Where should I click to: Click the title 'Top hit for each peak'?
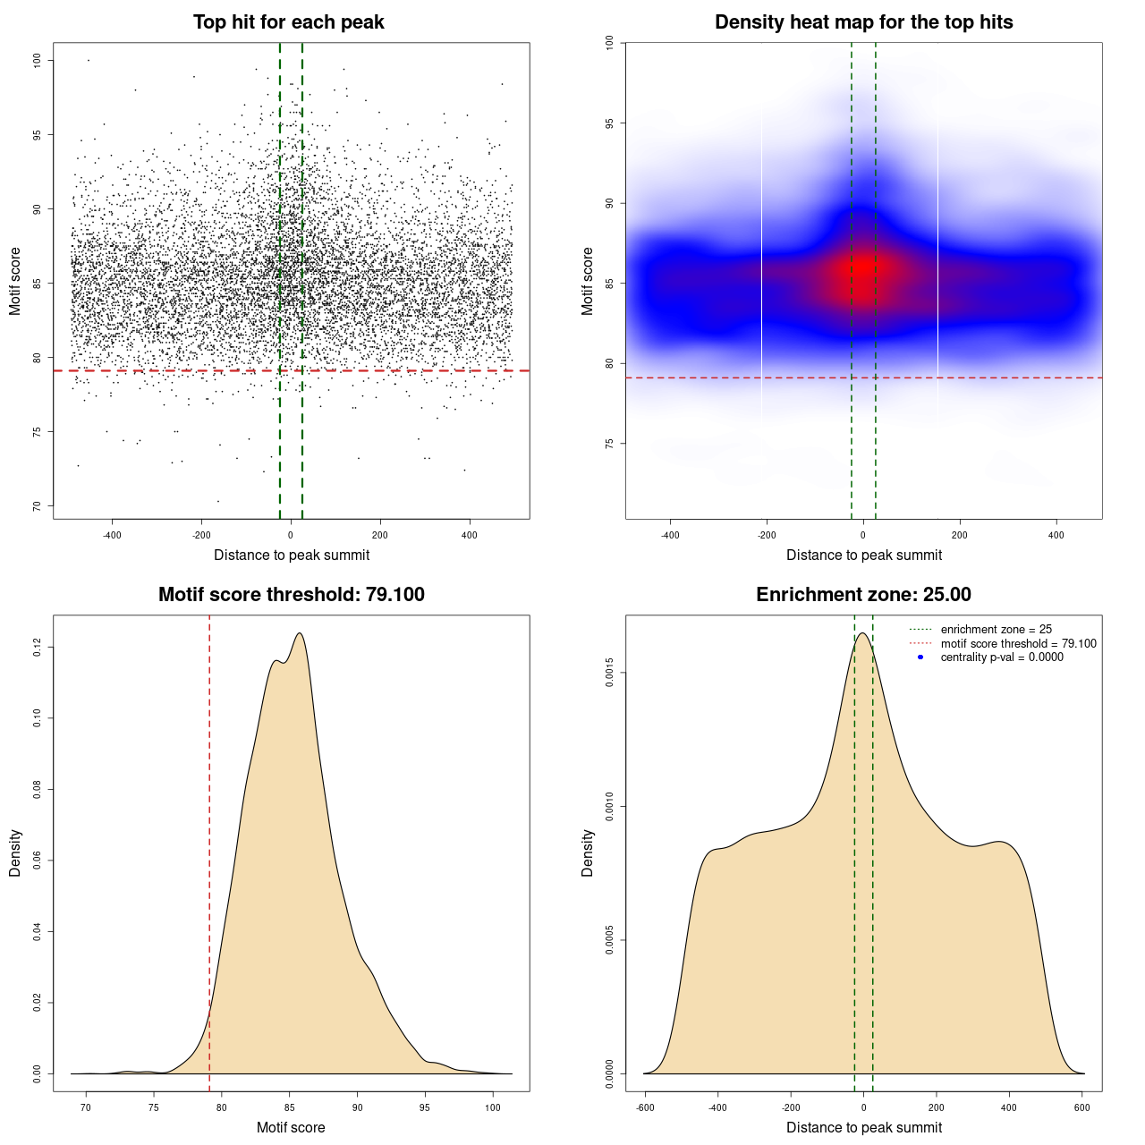(x=288, y=22)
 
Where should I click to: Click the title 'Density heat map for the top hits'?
(x=863, y=22)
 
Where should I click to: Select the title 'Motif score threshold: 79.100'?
(x=291, y=595)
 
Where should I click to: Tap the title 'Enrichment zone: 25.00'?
(x=863, y=595)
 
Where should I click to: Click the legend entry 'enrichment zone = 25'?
(x=996, y=630)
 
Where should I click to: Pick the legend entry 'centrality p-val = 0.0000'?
(x=1002, y=657)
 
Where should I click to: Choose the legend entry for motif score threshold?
(x=1018, y=643)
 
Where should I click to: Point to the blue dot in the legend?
(x=920, y=657)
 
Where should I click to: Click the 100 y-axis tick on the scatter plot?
(x=37, y=60)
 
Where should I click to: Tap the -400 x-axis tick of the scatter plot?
(x=112, y=535)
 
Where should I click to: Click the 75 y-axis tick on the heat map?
(x=609, y=444)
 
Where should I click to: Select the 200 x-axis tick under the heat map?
(x=960, y=535)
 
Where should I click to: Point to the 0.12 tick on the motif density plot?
(x=37, y=647)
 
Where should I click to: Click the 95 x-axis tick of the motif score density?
(x=425, y=1107)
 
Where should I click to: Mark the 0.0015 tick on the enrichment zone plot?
(x=609, y=673)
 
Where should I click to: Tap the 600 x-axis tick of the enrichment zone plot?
(x=1082, y=1107)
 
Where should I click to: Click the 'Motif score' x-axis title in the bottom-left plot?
(x=291, y=1127)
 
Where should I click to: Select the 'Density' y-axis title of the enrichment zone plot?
(x=588, y=852)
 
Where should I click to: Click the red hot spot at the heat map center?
(x=863, y=267)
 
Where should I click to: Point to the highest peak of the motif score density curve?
(x=300, y=633)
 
